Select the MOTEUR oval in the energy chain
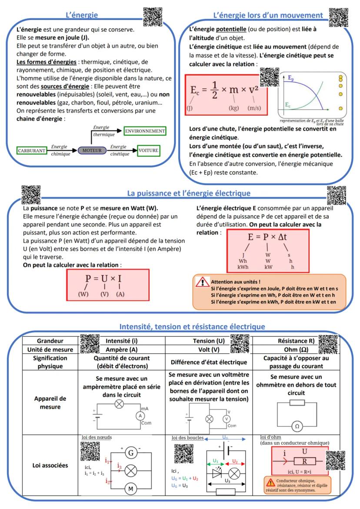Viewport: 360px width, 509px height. click(x=92, y=150)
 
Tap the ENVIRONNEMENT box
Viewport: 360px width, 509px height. click(x=145, y=131)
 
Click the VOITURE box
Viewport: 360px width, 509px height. click(x=148, y=150)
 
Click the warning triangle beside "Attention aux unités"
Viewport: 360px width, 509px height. click(x=202, y=283)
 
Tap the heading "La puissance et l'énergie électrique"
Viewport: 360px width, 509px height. click(x=188, y=193)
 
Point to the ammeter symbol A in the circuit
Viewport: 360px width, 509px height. click(x=140, y=416)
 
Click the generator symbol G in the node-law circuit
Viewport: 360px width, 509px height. click(x=130, y=453)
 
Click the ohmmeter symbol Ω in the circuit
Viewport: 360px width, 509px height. click(x=297, y=426)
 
